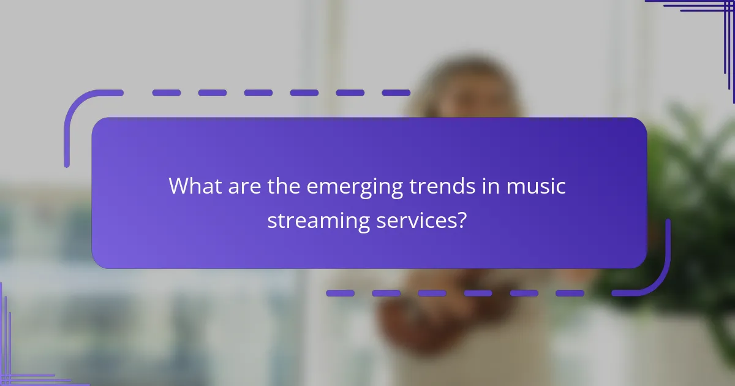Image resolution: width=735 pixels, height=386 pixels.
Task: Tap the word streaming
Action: click(x=317, y=221)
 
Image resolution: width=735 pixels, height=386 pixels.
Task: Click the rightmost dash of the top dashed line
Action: click(x=396, y=93)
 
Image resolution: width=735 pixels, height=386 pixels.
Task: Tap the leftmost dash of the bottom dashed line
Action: click(x=340, y=293)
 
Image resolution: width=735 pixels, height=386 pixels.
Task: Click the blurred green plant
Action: click(x=692, y=202)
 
